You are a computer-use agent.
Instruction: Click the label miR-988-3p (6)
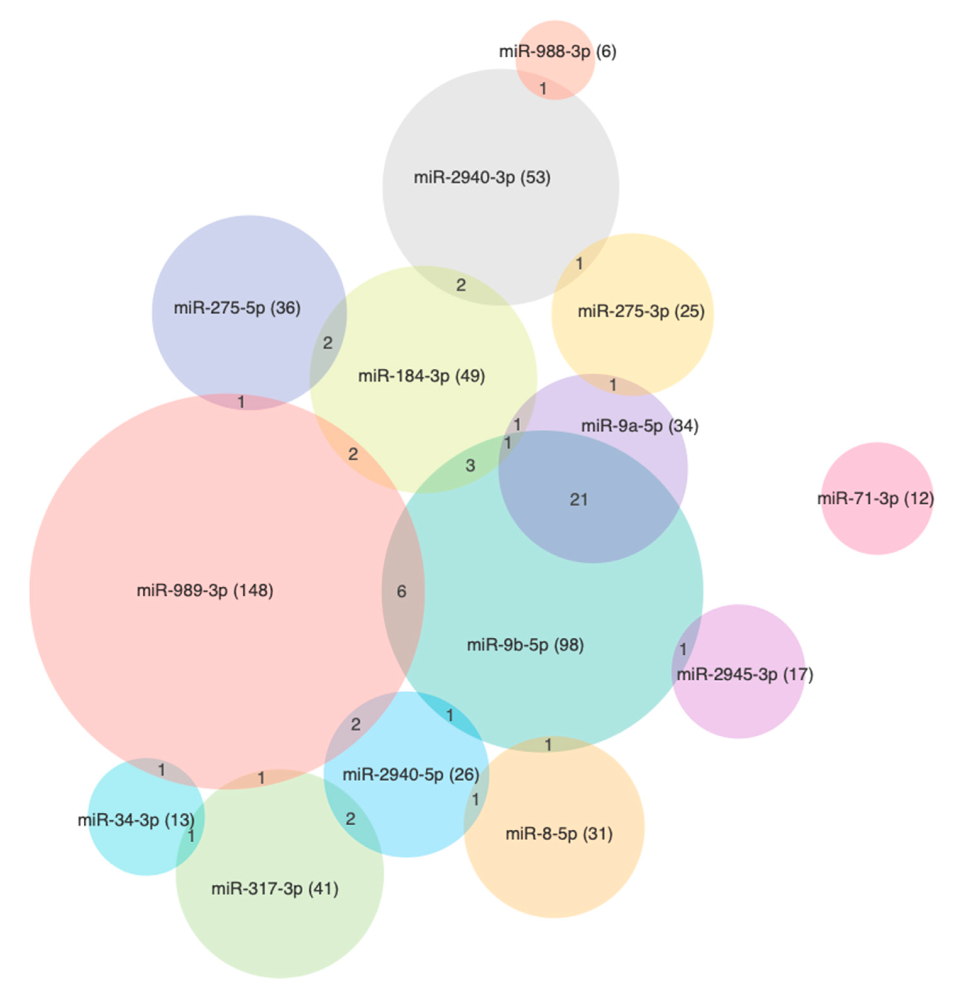(x=557, y=52)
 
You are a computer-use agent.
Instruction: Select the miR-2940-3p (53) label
(x=482, y=178)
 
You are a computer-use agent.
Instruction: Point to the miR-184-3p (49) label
(x=422, y=376)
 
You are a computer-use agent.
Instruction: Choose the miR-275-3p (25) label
(x=641, y=311)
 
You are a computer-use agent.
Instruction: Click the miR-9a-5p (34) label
(x=640, y=426)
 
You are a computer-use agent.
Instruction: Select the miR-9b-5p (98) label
(x=525, y=645)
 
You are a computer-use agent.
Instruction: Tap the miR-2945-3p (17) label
(x=745, y=674)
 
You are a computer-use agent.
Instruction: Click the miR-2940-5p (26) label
(x=411, y=774)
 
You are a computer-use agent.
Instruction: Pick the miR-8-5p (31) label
(x=559, y=833)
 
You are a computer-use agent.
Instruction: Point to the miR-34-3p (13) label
(x=136, y=820)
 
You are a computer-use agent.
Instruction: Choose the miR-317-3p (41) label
(x=275, y=889)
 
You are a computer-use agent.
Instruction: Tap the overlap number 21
(x=579, y=500)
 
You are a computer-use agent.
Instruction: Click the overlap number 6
(x=401, y=591)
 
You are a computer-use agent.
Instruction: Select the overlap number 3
(x=470, y=465)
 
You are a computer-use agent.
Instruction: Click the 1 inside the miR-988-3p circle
(x=543, y=89)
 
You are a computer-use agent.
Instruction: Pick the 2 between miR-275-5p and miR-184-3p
(x=328, y=343)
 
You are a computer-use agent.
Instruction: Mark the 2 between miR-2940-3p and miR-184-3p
(x=461, y=285)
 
